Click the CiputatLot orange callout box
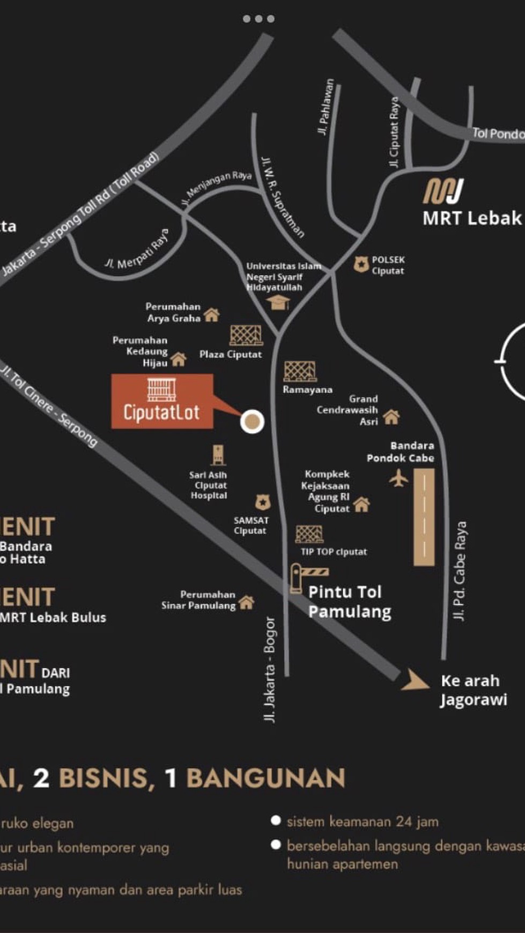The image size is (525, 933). [x=162, y=401]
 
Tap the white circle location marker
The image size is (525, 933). [x=252, y=421]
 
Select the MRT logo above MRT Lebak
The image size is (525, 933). [x=443, y=191]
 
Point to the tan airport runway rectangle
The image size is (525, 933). [x=424, y=517]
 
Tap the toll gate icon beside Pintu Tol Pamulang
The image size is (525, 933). [x=297, y=578]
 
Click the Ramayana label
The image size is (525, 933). [x=307, y=390]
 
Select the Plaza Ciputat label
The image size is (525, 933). [x=231, y=354]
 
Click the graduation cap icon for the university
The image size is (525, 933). [x=278, y=303]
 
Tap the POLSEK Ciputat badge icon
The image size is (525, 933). [x=361, y=264]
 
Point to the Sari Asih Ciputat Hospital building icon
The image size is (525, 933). [x=218, y=455]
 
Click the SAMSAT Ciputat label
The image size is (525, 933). [x=250, y=525]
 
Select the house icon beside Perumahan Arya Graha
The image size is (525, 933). [x=212, y=315]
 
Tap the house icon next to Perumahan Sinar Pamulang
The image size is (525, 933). [x=246, y=603]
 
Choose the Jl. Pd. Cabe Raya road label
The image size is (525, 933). [x=460, y=571]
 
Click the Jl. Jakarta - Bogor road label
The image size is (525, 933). [x=270, y=669]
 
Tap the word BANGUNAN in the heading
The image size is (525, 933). [x=265, y=779]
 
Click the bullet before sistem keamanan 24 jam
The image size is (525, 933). [x=276, y=820]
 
